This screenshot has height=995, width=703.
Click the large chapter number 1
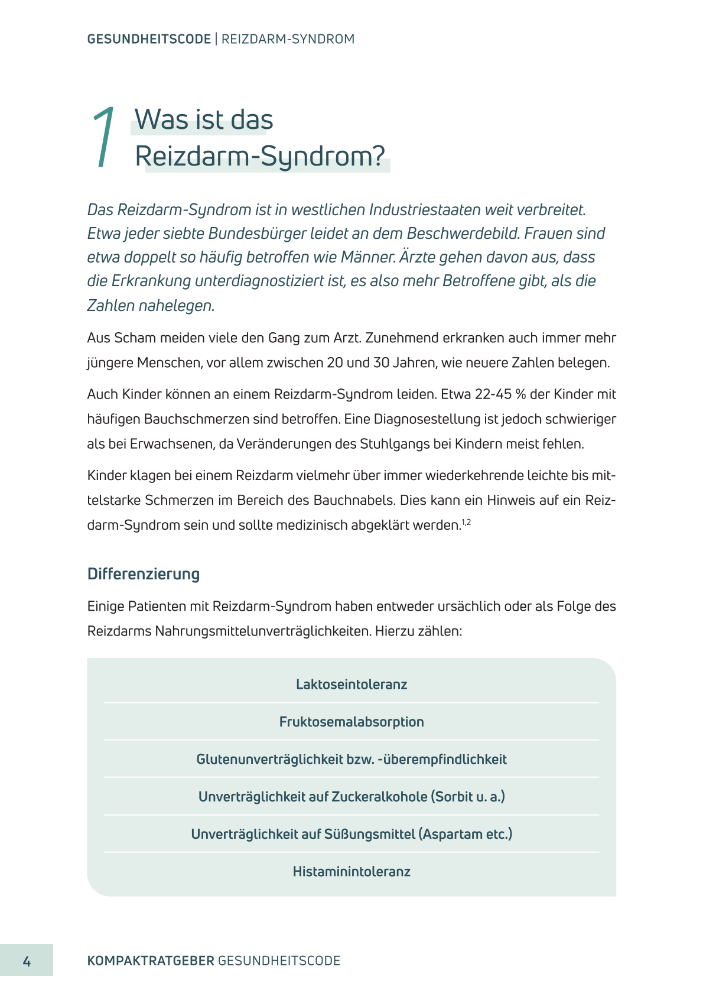click(x=104, y=138)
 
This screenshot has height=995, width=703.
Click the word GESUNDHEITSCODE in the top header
click(x=149, y=39)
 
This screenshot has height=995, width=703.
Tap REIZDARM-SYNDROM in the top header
click(x=288, y=39)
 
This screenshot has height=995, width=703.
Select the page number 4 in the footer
click(x=27, y=961)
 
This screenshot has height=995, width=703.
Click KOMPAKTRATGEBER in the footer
click(x=151, y=961)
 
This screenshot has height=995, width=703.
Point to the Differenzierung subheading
click(x=144, y=574)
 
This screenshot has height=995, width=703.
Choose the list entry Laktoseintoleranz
click(x=351, y=685)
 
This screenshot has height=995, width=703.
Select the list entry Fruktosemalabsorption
click(x=351, y=722)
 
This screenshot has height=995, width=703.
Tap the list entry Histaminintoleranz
click(x=351, y=871)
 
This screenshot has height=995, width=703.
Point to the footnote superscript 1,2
click(x=466, y=522)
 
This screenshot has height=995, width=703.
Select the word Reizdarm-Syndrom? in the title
click(x=260, y=157)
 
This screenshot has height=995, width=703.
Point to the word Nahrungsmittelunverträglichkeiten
click(x=263, y=631)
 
